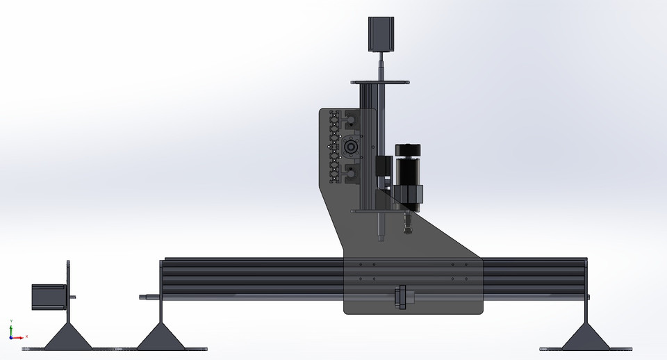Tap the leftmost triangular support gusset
point(67,337)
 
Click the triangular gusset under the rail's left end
point(161,337)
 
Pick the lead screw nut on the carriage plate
point(401,297)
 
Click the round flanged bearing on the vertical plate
point(350,147)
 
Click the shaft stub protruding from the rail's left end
point(148,297)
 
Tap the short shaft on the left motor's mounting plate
point(72,297)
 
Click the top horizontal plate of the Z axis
point(379,83)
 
